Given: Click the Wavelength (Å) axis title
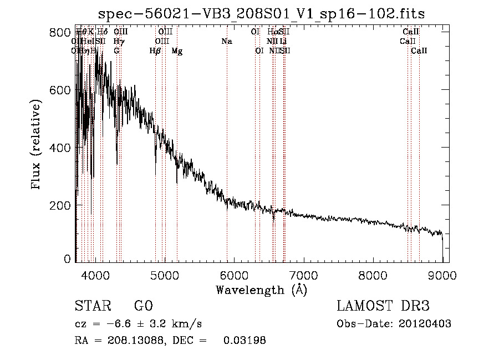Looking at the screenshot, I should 261,290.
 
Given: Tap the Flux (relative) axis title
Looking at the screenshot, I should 37,145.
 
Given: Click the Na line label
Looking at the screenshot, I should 226,41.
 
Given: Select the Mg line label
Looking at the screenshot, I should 177,51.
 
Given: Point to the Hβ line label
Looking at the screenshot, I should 155,51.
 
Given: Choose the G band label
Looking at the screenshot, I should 116,51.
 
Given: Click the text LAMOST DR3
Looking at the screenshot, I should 383,306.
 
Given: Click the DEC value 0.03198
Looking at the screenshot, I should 244,341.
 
